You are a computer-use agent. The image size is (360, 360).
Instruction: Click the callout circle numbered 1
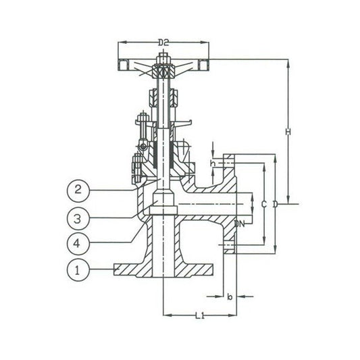pyautogui.click(x=78, y=270)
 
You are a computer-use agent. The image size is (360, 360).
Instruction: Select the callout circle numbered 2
pyautogui.click(x=78, y=190)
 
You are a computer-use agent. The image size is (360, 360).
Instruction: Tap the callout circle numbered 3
pyautogui.click(x=78, y=219)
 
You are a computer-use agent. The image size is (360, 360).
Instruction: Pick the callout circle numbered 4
pyautogui.click(x=78, y=243)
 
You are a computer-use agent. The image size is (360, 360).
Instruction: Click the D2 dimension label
pyautogui.click(x=163, y=43)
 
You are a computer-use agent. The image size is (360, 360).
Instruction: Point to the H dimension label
pyautogui.click(x=288, y=132)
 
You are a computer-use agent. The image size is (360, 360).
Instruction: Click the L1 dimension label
pyautogui.click(x=200, y=315)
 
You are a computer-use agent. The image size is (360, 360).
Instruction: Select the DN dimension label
pyautogui.click(x=240, y=224)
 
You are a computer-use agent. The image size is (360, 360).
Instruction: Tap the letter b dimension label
pyautogui.click(x=230, y=297)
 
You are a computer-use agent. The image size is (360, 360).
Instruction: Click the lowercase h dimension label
pyautogui.click(x=213, y=163)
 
